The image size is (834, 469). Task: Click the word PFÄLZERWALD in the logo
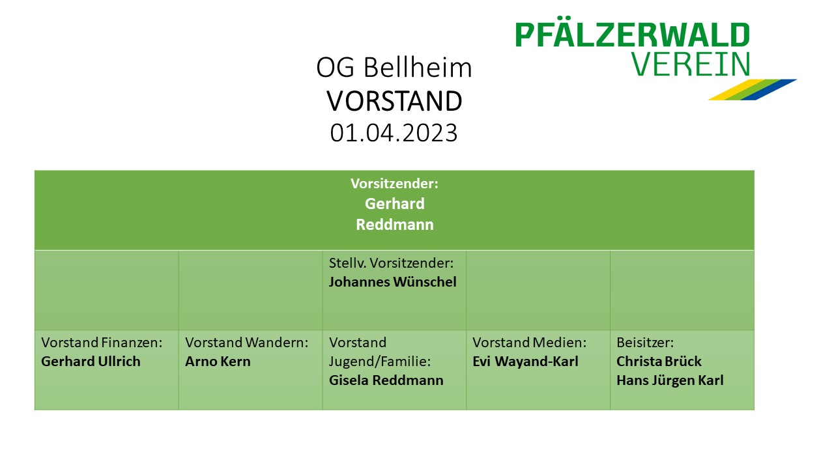tap(632, 35)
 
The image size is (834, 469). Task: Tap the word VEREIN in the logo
tap(691, 64)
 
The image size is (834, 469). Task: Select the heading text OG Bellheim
tap(394, 68)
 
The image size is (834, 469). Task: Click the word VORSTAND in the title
tap(394, 101)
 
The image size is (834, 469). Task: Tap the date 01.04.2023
tap(394, 133)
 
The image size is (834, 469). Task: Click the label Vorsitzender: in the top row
tap(394, 184)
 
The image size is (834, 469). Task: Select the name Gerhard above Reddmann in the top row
tap(394, 204)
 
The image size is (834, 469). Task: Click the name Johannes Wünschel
tap(392, 282)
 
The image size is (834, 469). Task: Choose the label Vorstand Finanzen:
tap(102, 343)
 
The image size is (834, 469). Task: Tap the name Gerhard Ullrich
tap(91, 362)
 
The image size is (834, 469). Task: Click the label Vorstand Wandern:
tap(246, 343)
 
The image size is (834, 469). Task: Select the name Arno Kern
tap(218, 362)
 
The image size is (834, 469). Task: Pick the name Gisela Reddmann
tap(386, 380)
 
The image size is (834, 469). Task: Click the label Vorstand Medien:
tap(530, 343)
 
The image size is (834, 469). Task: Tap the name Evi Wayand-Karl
tap(525, 362)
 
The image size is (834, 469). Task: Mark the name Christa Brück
tap(659, 362)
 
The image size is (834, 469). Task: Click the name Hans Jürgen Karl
tap(670, 380)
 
